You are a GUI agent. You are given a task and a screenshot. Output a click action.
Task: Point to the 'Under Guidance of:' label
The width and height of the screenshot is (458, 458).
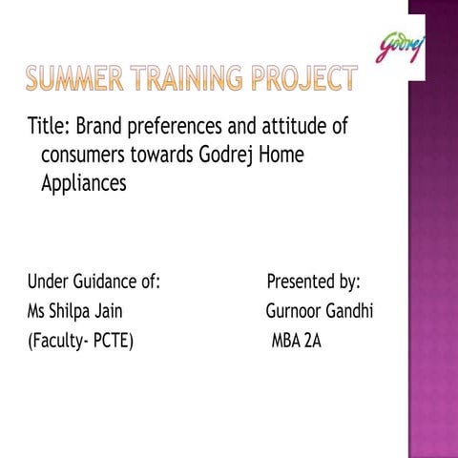94,281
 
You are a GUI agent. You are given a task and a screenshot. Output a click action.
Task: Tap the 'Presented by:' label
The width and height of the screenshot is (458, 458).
313,281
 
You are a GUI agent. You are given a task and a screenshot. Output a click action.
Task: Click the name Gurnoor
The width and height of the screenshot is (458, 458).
295,311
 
